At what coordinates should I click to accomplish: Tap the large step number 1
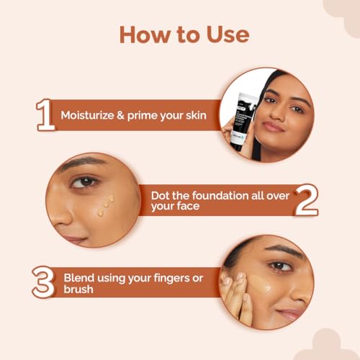pyautogui.click(x=45, y=115)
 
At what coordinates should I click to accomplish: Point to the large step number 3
pyautogui.click(x=44, y=282)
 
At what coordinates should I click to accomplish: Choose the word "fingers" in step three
pyautogui.click(x=185, y=276)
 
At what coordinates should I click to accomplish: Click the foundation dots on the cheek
pyautogui.click(x=105, y=204)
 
